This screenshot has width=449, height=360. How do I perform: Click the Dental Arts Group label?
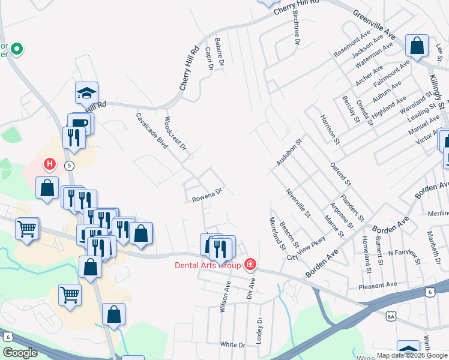pyautogui.click(x=208, y=265)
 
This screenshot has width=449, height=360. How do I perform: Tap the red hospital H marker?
pyautogui.click(x=50, y=163)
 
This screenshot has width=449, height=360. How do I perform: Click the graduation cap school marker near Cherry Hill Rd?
pyautogui.click(x=86, y=93)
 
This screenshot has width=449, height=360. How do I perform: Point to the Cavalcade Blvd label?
pyautogui.click(x=151, y=131)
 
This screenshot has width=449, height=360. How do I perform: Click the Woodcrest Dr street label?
pyautogui.click(x=175, y=133)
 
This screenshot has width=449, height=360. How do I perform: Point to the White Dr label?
pyautogui.click(x=233, y=345)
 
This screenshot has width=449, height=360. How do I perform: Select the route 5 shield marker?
pyautogui.click(x=70, y=165)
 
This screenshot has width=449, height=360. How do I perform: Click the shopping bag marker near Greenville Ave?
pyautogui.click(x=416, y=46)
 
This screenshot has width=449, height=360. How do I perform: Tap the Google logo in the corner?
pyautogui.click(x=19, y=353)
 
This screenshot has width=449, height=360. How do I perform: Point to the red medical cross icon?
pyautogui.click(x=250, y=265)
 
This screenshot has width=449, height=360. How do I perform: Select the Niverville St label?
pyautogui.click(x=298, y=203)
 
